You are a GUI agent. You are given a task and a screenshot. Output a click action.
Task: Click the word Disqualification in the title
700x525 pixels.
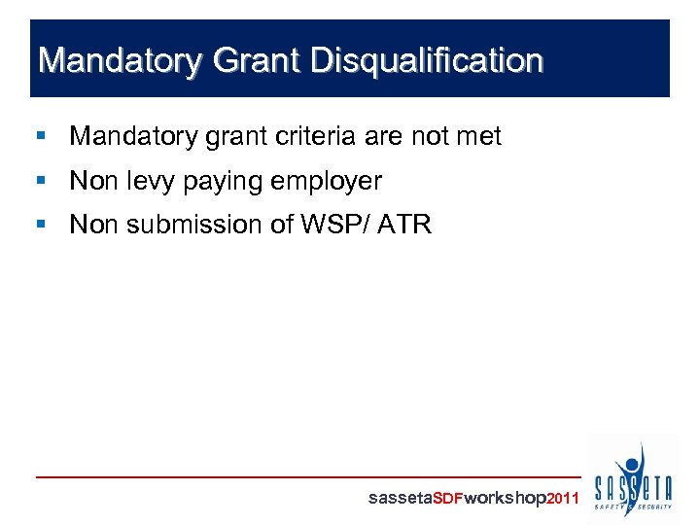click(427, 61)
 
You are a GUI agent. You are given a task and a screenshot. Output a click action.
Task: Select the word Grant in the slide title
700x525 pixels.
click(252, 61)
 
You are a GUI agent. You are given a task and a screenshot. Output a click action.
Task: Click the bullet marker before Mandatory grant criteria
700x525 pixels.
click(40, 137)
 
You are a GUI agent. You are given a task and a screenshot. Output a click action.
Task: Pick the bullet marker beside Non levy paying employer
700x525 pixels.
click(40, 181)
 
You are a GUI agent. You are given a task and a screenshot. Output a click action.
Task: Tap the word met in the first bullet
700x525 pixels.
click(478, 136)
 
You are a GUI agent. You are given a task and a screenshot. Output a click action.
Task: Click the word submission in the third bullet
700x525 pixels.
click(177, 225)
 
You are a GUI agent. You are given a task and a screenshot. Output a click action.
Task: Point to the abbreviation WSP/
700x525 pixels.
click(323, 225)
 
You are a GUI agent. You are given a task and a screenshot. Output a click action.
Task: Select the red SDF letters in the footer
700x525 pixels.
click(447, 499)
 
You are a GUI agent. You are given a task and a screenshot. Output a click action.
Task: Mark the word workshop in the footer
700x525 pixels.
click(506, 499)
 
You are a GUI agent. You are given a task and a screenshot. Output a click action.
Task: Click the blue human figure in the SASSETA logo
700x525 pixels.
click(633, 465)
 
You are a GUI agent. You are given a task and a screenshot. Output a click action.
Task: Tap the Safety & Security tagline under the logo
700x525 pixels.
click(633, 507)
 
